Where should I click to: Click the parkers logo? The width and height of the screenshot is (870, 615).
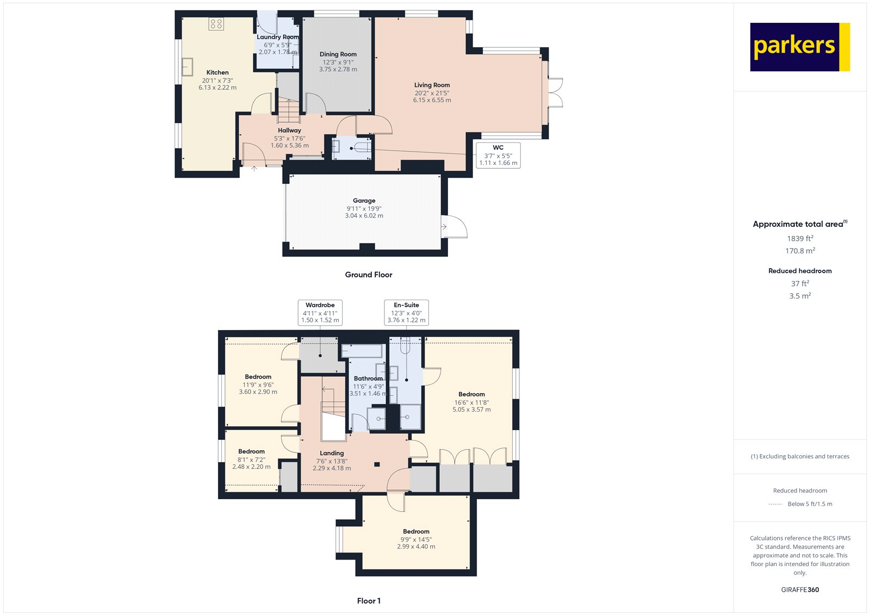pos(800,47)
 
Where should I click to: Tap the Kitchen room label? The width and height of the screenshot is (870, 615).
pos(217,72)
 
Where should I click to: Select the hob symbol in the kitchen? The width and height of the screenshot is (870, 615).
pos(216,24)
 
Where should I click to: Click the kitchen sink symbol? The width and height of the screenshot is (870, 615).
pos(187,67)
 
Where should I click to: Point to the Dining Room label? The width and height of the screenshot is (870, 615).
pos(338,54)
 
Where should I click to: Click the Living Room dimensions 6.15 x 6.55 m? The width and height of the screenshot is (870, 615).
pos(432,100)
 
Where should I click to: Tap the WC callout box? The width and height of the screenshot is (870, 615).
pos(498,156)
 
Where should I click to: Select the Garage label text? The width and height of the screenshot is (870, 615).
pos(364,201)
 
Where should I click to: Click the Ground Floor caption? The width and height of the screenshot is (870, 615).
pos(369,275)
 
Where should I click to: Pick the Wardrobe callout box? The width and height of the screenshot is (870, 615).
pos(320,312)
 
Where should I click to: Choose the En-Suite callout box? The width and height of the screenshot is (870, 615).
pos(406,312)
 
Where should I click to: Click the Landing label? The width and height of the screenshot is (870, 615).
pos(332,453)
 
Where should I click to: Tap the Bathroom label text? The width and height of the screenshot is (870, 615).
pos(368,378)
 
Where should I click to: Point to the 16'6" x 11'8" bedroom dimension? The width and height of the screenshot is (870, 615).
pos(471,402)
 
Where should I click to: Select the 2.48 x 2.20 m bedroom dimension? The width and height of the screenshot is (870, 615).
pos(251,467)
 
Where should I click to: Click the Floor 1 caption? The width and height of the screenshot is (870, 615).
pos(369,601)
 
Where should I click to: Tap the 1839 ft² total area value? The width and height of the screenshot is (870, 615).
pos(800,239)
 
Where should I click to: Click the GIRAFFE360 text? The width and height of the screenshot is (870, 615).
pos(800,590)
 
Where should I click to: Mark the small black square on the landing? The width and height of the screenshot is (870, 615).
pos(377,464)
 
